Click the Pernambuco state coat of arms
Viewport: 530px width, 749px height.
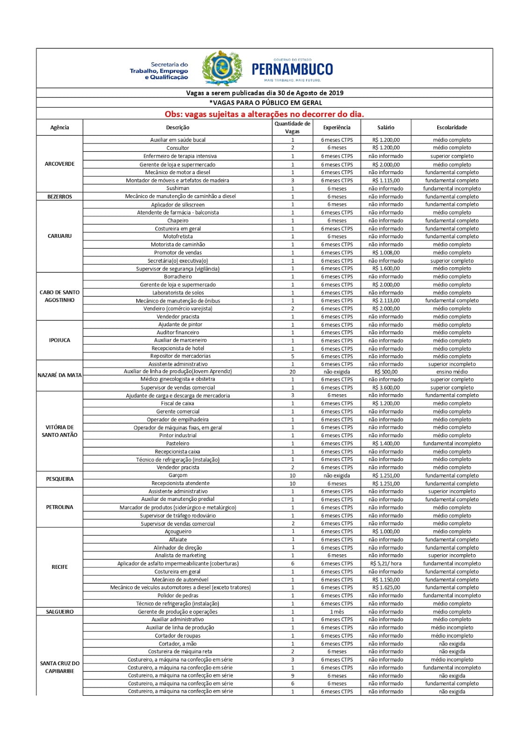222,68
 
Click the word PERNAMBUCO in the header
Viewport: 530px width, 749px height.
292,69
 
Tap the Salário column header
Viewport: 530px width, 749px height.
386,127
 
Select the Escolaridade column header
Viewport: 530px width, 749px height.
452,127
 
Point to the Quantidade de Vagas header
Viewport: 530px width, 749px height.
292,127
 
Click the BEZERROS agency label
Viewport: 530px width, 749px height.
59,197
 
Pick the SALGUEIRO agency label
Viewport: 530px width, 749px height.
59,612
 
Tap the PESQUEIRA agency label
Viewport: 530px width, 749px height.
59,479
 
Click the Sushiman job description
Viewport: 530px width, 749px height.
178,188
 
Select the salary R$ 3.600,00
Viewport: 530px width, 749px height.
386,388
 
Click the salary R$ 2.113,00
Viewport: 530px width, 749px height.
386,301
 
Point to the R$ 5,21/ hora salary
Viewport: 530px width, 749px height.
386,564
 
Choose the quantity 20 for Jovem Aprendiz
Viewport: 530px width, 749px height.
293,372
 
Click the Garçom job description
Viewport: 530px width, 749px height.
178,475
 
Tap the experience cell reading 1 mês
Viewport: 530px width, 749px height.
337,612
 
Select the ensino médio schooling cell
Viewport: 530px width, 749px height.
452,372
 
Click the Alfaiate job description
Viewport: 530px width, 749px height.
178,540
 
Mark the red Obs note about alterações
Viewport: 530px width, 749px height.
264,114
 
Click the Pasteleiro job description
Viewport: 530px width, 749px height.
178,443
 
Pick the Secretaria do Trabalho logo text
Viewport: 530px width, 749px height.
159,71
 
